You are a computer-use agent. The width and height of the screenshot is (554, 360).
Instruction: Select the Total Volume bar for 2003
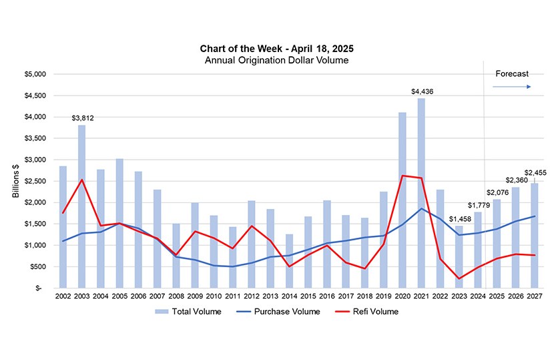click(x=81, y=207)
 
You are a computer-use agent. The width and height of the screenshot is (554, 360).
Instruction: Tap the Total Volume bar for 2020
click(x=402, y=200)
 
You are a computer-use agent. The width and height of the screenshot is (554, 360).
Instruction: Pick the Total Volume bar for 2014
click(x=289, y=261)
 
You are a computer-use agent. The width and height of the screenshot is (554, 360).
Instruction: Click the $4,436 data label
click(x=422, y=91)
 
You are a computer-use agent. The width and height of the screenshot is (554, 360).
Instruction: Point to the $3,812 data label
click(x=82, y=118)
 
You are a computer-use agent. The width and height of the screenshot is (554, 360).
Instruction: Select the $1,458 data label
click(x=459, y=219)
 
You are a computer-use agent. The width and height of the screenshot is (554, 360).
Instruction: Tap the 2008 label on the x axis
click(x=176, y=296)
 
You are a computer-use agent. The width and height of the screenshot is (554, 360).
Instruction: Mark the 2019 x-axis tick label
click(x=384, y=296)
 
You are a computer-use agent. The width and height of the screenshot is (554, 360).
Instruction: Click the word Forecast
click(x=511, y=74)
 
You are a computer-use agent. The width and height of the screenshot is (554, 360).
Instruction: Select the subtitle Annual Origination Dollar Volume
click(x=276, y=60)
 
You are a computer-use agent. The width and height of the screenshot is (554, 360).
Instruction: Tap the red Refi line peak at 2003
click(x=81, y=180)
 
